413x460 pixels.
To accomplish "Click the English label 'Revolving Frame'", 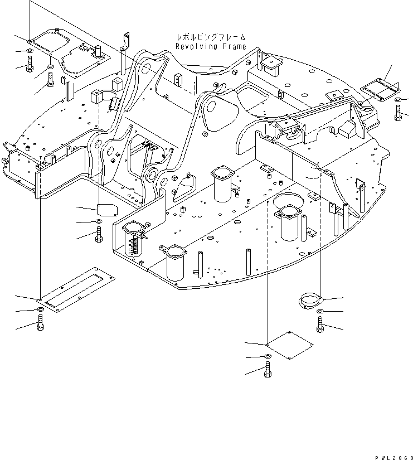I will (x=211, y=47).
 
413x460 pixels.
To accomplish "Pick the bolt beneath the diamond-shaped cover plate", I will (x=268, y=367).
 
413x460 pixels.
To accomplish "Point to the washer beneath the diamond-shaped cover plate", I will (x=268, y=356).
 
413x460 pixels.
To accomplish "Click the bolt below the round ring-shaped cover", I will (x=320, y=324).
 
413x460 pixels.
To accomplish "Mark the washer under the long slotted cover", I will (x=40, y=309).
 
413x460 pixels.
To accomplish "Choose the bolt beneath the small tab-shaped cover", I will (x=99, y=235).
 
